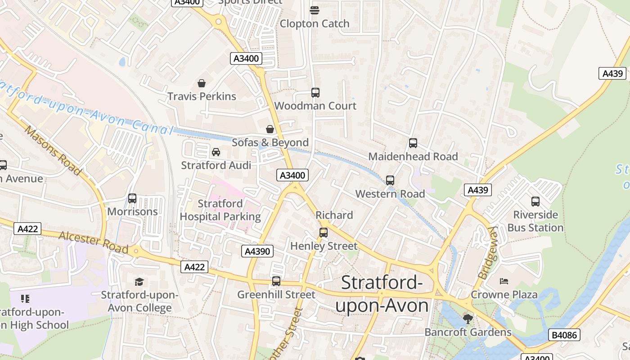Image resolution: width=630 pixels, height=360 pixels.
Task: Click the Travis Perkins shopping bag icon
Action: coord(202,83)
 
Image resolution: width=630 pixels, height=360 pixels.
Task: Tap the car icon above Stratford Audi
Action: coord(216,152)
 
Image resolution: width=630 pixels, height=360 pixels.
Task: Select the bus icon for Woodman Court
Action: coord(315,93)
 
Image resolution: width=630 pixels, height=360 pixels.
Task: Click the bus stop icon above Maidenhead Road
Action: coord(413,143)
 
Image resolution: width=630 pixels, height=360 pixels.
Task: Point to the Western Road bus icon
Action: coord(390,180)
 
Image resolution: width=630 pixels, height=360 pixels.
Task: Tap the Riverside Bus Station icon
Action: coord(535,202)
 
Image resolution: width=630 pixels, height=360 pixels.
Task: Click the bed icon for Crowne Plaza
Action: coord(504,281)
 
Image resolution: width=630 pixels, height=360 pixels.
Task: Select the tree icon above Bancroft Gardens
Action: coord(468,319)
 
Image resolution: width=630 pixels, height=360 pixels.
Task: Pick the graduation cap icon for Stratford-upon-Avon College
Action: coord(139,282)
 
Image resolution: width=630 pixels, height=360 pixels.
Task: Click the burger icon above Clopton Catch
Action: coord(315,10)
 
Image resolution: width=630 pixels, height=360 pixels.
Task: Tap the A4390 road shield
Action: coord(258,251)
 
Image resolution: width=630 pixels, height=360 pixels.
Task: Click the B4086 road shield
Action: coord(564,334)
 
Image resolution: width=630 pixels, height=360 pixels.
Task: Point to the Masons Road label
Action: coord(53,150)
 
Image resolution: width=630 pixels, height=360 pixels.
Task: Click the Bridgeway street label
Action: coord(487,252)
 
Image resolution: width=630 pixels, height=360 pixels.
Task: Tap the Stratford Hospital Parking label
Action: coord(220,210)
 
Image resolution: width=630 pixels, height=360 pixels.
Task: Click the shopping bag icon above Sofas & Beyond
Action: coord(270,130)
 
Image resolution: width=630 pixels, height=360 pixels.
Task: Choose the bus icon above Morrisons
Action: coord(132,198)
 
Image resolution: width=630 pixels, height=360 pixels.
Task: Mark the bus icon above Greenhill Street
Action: coord(276,281)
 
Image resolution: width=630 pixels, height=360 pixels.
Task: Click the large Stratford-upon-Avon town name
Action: coord(382,294)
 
